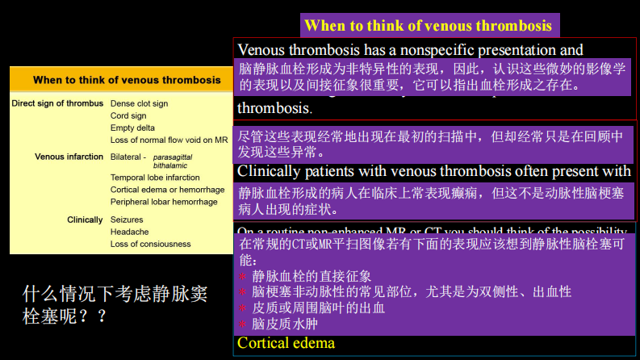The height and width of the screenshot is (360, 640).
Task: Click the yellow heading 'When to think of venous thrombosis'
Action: point(428,26)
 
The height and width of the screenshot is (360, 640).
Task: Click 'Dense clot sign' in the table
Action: point(139,103)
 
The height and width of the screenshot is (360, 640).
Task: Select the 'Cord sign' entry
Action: point(128,115)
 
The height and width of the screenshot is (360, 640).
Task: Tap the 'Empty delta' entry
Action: point(133,128)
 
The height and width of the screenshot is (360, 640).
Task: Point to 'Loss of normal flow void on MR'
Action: point(169,140)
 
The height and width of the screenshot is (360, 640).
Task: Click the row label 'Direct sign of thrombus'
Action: point(57,103)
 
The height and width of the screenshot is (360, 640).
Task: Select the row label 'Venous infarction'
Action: point(69,157)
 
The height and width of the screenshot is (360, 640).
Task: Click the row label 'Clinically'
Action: point(85,220)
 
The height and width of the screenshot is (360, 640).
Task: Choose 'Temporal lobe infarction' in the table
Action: point(155,178)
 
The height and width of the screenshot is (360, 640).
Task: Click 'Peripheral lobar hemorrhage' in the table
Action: point(164,202)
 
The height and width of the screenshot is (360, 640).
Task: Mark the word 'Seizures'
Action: point(127,220)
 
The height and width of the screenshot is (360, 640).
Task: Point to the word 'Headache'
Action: point(128,232)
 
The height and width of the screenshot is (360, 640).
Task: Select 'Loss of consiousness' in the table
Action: point(150,244)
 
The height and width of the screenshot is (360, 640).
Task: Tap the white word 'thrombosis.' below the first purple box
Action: point(274,107)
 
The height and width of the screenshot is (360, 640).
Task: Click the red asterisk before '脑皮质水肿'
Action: point(242,325)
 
